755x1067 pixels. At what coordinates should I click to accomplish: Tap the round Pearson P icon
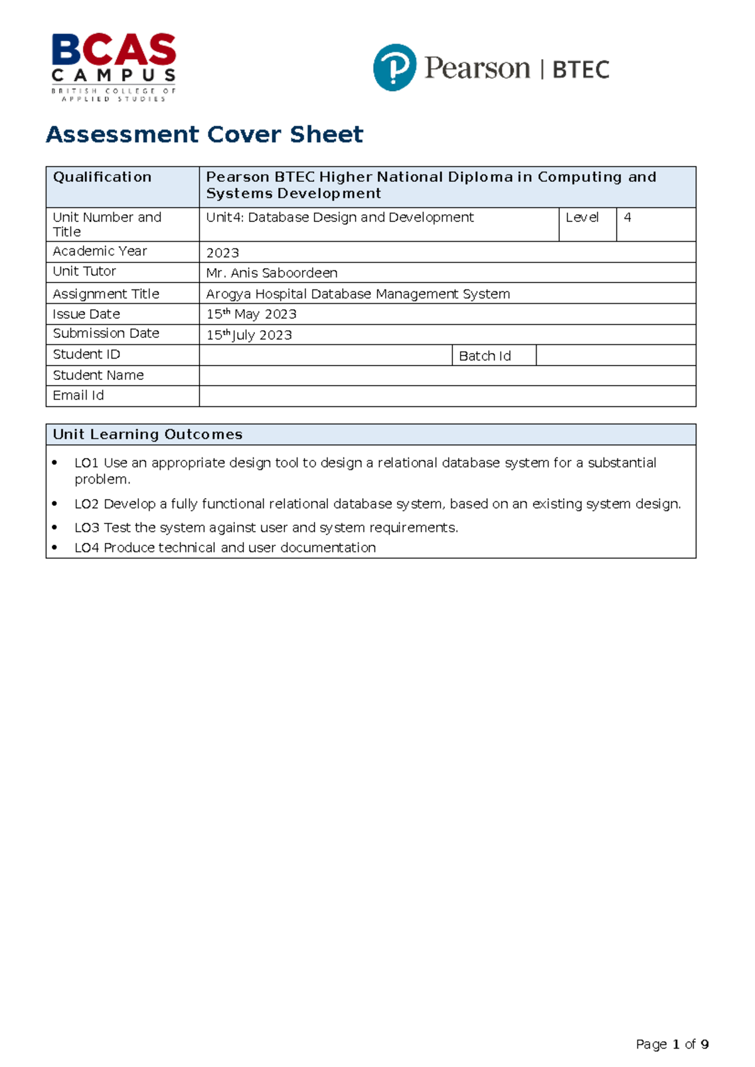coord(394,67)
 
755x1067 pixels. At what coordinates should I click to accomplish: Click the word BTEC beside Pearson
coord(581,69)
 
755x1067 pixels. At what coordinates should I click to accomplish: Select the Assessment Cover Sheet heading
coord(204,135)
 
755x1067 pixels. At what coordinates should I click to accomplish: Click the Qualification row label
coord(102,177)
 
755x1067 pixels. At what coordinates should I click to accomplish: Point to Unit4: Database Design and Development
coord(340,218)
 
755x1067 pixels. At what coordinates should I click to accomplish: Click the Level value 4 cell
coord(655,224)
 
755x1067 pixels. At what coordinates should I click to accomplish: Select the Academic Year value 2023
coord(223,253)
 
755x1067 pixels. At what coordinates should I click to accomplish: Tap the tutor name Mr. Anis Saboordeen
coord(272,273)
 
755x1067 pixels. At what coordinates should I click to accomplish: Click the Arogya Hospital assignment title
coord(358,294)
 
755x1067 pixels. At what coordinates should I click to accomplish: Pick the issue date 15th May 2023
coord(251,314)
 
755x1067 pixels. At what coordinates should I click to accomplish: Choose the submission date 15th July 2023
coord(249,335)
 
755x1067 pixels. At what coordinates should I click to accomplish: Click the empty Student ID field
coord(325,355)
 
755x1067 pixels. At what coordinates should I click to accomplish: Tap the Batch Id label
coord(484,356)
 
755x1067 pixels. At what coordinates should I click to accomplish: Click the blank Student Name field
coord(447,376)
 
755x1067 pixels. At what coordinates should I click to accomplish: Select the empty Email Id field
coord(447,396)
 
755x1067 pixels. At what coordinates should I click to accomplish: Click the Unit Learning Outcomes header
coord(147,435)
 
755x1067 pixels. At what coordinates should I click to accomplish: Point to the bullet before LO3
coord(55,528)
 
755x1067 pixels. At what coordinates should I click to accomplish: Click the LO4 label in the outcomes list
coord(87,548)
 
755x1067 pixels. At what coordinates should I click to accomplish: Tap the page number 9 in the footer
coord(705,1044)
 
